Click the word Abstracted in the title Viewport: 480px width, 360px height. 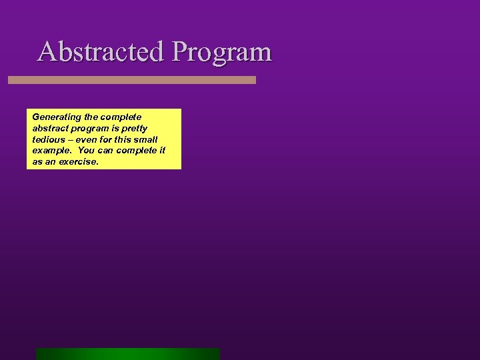pyautogui.click(x=101, y=51)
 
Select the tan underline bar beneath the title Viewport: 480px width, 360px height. pyautogui.click(x=132, y=80)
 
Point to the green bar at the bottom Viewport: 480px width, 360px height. pyautogui.click(x=128, y=354)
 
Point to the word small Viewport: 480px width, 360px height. pyautogui.click(x=145, y=139)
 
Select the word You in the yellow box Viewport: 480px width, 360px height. pyautogui.click(x=86, y=151)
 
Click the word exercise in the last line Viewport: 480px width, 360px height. pyautogui.click(x=79, y=161)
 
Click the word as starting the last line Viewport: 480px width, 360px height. pyautogui.click(x=37, y=161)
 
